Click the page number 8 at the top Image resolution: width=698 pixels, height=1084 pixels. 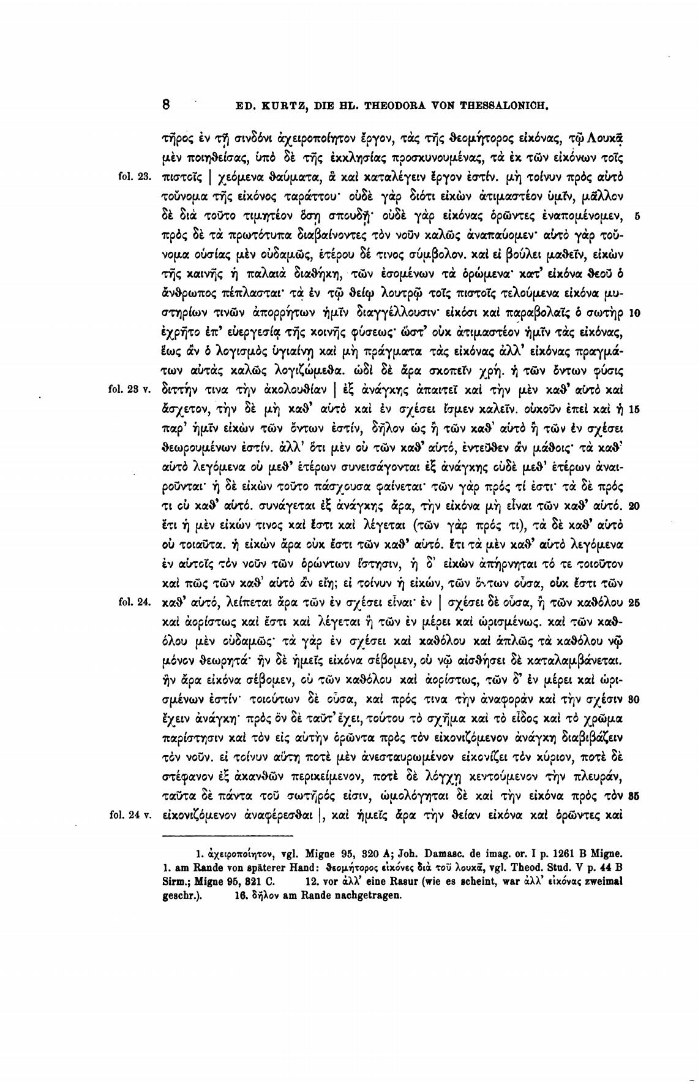pyautogui.click(x=166, y=104)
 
